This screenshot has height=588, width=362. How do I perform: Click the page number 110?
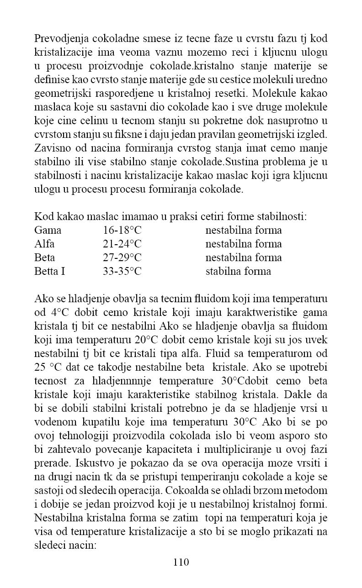[x=181, y=562]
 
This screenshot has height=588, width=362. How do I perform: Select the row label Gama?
[x=48, y=230]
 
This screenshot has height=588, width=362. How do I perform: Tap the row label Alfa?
[x=44, y=244]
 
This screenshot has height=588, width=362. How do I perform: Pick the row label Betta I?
[x=49, y=271]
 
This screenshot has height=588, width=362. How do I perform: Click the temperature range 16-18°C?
[x=122, y=230]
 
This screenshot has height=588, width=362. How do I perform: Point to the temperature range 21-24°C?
[x=122, y=244]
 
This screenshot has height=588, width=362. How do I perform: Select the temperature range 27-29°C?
[x=122, y=257]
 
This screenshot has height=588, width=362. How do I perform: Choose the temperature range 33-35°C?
[x=122, y=271]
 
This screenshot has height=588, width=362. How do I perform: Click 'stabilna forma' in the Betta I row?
[x=238, y=271]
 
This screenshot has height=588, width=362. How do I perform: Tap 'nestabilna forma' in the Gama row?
[x=244, y=230]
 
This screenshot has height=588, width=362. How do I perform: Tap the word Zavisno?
[x=51, y=148]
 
